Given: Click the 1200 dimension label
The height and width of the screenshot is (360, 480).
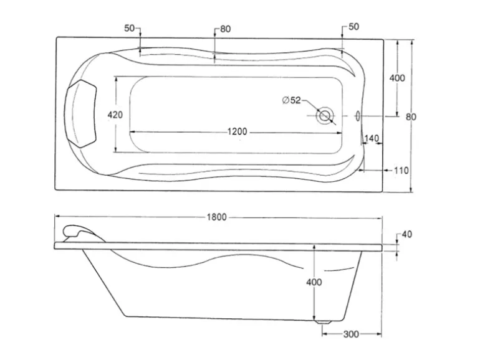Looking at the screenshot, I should [x=237, y=131].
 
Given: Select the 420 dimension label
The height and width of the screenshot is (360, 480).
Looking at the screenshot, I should [x=115, y=115].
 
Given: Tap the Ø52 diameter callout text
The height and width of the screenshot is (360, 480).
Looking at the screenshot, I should [x=291, y=100].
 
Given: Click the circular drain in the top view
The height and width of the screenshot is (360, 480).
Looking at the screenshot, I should [x=325, y=116].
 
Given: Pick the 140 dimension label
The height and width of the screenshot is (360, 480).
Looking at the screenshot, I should [x=372, y=138].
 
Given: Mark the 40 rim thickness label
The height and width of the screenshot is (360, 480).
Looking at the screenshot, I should [x=407, y=234].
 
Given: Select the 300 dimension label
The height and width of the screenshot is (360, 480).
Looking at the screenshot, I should [x=351, y=334].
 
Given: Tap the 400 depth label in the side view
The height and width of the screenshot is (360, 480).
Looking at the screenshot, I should [x=314, y=282].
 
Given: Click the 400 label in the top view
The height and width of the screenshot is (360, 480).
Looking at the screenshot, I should [x=396, y=78].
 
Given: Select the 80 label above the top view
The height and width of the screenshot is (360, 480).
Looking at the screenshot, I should [x=225, y=29].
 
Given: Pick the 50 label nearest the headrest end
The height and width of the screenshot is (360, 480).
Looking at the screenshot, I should [x=130, y=28].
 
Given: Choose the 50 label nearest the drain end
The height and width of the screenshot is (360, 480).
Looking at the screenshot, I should [x=353, y=26].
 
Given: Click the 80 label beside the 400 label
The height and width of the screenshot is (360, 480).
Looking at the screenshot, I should [x=411, y=116].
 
